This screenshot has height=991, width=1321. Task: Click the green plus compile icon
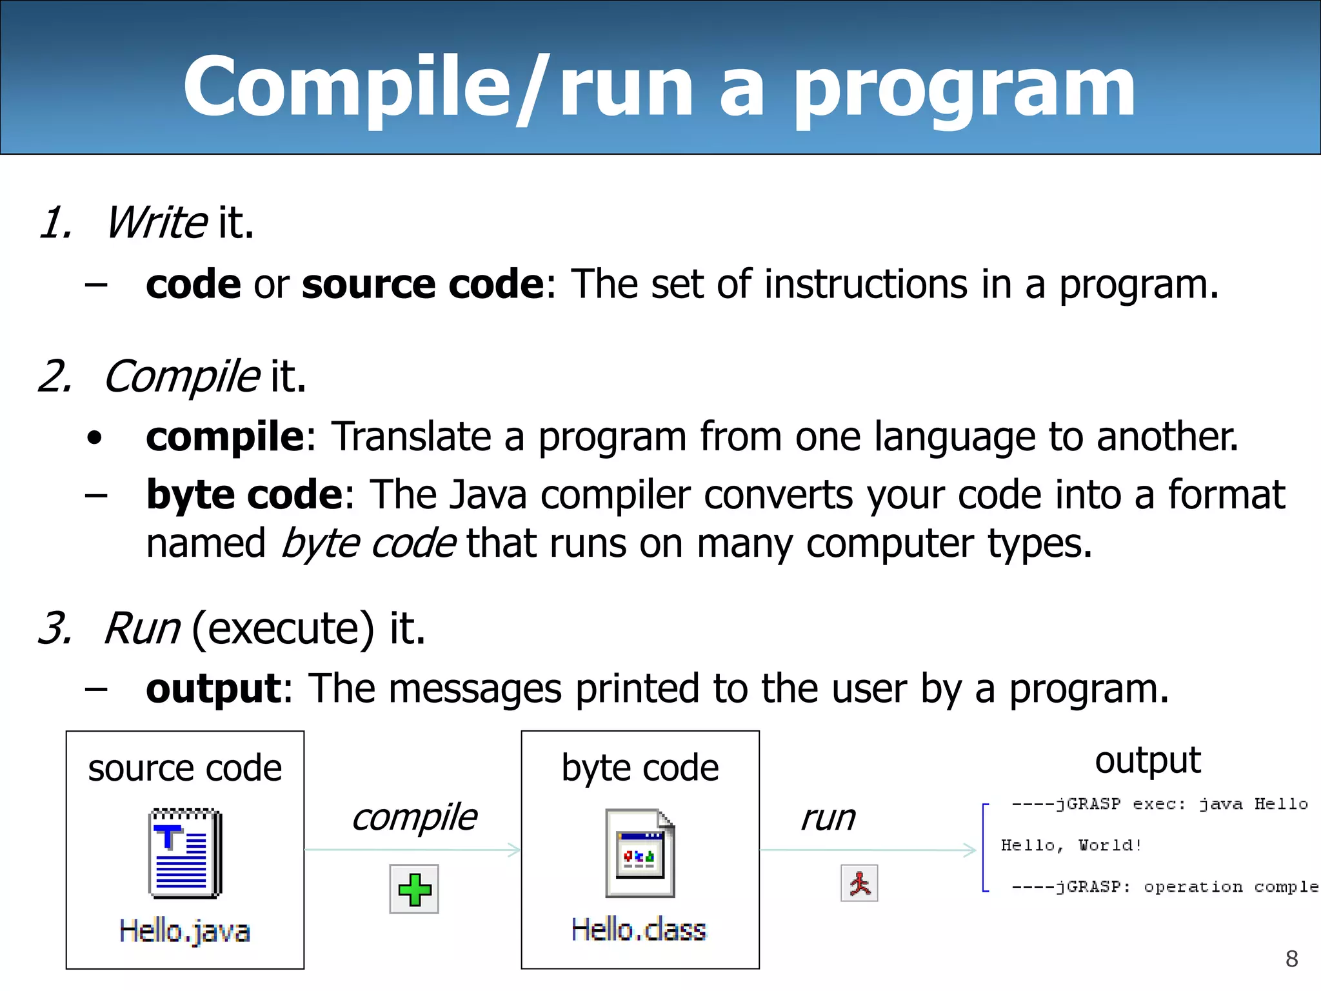414,889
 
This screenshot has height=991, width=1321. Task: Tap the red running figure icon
859,883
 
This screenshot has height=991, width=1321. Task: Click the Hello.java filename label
184,931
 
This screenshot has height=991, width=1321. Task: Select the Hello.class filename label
639,930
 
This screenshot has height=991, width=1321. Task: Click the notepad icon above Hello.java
185,852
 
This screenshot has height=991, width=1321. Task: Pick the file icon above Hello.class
640,852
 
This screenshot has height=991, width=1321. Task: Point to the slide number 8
1291,959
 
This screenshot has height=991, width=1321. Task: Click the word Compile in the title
346,86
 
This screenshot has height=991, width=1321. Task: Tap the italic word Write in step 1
157,223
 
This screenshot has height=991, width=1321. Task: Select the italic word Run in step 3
142,628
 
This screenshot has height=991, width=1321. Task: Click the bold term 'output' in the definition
214,688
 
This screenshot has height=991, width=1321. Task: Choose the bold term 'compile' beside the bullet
224,437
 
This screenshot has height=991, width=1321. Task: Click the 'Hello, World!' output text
1071,845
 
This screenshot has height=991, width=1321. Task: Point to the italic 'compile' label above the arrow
414,817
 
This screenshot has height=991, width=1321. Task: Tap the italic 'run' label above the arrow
828,818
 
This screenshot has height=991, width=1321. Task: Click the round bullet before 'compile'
95,438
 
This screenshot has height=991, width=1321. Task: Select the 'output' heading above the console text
1147,760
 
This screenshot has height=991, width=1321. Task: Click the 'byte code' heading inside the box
640,768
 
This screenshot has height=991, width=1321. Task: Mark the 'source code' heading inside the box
185,768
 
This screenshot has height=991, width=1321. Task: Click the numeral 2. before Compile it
55,376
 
